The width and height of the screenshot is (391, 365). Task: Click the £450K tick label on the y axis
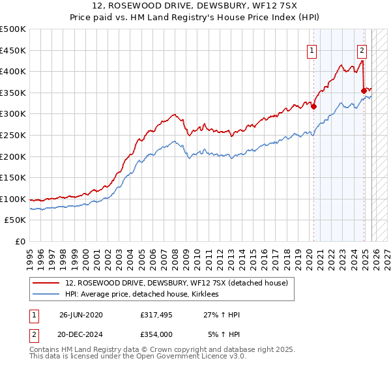tap(13, 50)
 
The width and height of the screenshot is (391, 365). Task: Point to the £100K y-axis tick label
tap(13, 199)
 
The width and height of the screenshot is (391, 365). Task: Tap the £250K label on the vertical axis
tap(13, 135)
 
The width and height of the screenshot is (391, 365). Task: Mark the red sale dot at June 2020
tap(313, 106)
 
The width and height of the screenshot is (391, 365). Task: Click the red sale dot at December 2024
tap(364, 91)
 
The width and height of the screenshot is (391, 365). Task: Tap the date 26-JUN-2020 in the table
tap(81, 315)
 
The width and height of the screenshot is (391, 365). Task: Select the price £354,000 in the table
tap(156, 334)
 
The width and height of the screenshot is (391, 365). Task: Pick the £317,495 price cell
tap(156, 315)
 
